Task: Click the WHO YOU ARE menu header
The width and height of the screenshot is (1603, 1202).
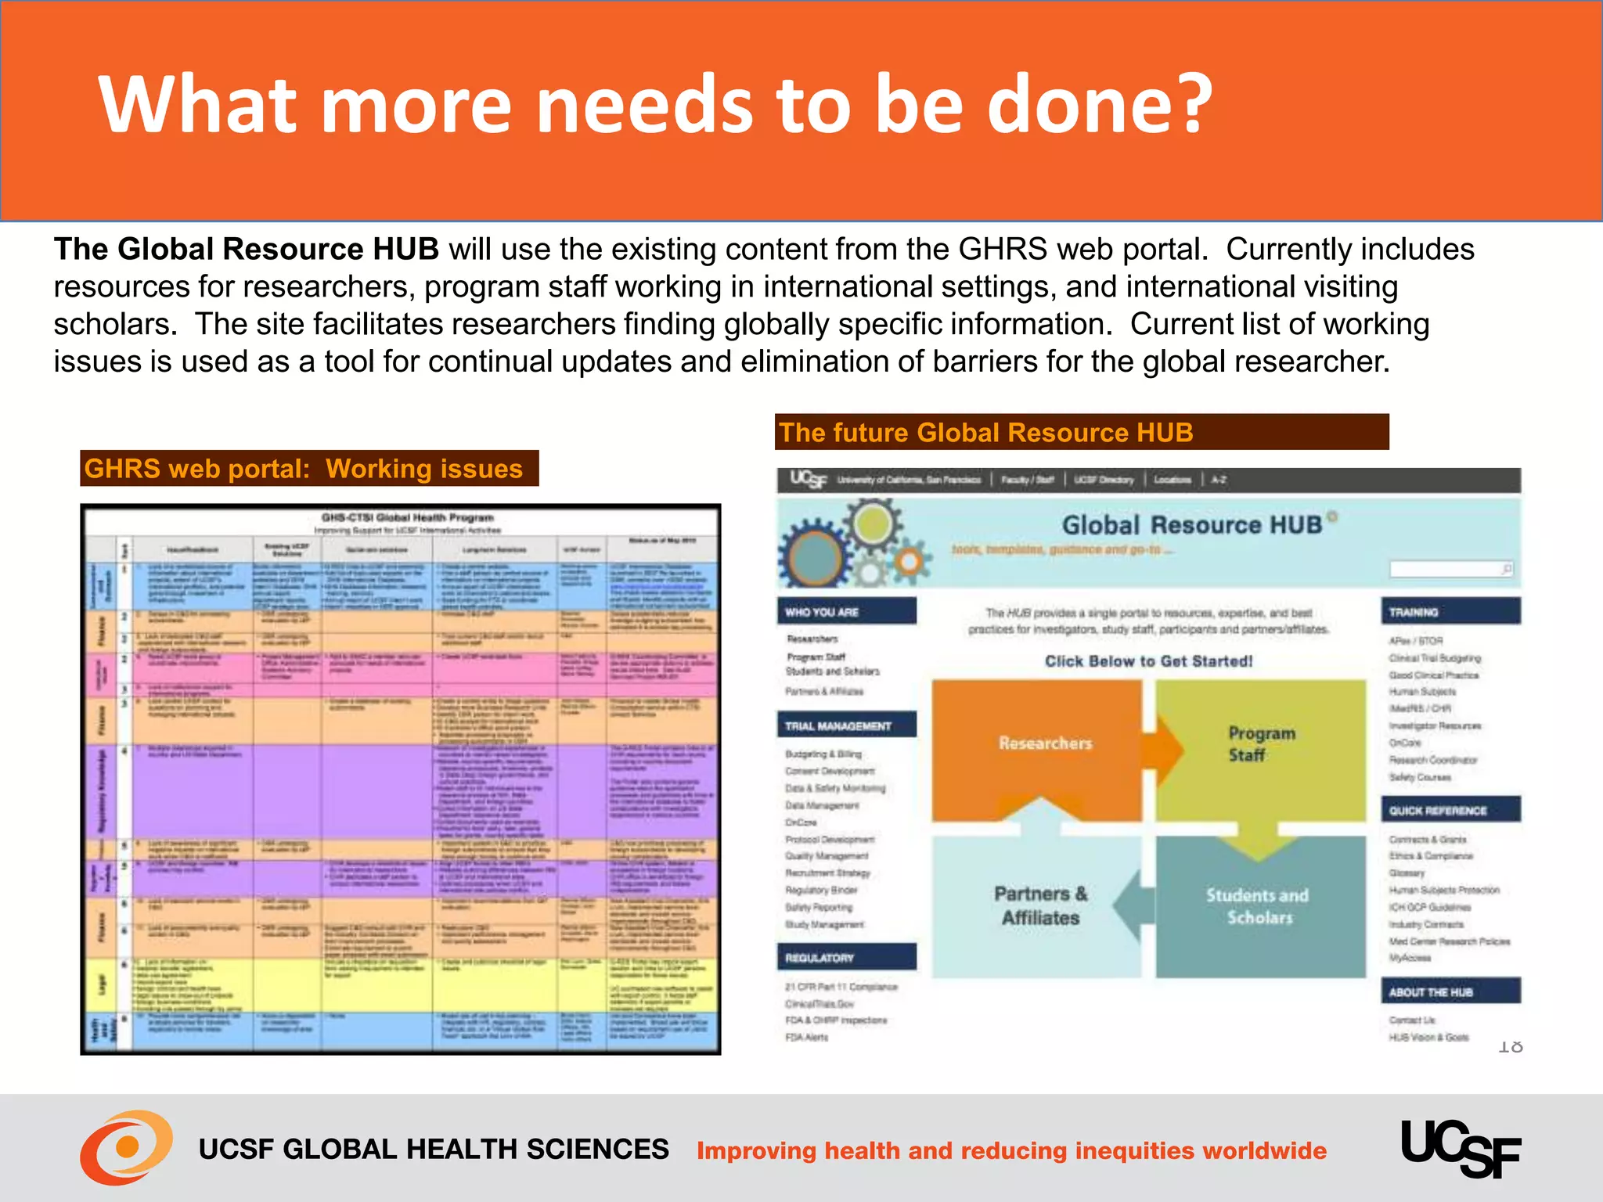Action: tap(846, 612)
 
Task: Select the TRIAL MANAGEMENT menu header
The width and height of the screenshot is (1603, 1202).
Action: tap(846, 725)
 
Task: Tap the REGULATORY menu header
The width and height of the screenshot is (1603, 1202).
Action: tap(846, 957)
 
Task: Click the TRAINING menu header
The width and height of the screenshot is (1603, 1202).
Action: tap(1450, 612)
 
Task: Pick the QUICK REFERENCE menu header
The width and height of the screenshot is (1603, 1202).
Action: tap(1450, 810)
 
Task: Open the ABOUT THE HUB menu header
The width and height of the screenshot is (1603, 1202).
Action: tap(1450, 991)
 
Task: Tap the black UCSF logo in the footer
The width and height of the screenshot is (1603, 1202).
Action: tap(1461, 1148)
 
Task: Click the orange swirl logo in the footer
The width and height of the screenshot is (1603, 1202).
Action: tap(126, 1147)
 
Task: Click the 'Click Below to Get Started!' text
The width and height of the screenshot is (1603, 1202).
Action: tap(1148, 661)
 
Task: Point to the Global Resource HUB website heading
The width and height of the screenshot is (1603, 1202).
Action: tap(1191, 524)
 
